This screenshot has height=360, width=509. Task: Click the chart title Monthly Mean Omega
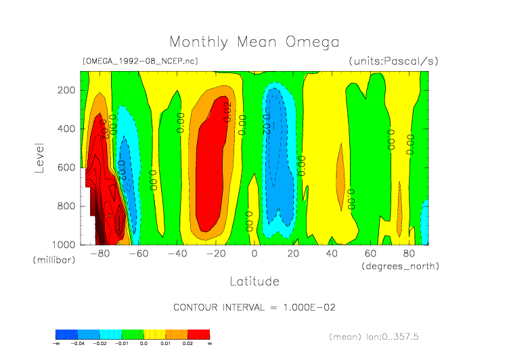254,43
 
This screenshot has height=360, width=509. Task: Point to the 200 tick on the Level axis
66,90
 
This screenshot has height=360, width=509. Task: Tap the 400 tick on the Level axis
66,129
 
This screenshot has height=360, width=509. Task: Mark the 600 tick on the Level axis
66,167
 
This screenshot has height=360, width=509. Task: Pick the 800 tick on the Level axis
66,206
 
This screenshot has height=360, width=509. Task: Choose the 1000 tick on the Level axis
64,244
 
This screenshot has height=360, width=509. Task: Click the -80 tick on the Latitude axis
100,254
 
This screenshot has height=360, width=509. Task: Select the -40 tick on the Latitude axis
177,254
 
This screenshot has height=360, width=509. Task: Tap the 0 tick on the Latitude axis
255,254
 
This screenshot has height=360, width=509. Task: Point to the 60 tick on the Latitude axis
370,254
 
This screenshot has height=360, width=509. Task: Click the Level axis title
39,157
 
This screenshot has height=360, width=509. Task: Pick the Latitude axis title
255,280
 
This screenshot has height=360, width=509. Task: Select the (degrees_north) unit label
401,266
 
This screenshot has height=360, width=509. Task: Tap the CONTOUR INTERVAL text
255,307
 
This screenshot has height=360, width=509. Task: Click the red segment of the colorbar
198,334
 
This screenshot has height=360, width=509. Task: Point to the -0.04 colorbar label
78,344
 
